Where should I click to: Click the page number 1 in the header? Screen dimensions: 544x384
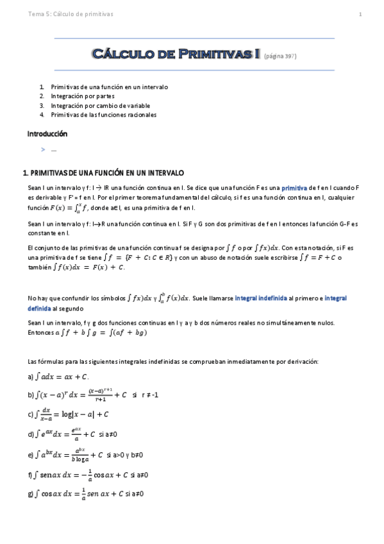[x=360, y=15]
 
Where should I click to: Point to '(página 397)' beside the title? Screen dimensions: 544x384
[x=280, y=56]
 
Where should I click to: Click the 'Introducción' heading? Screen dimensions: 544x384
[x=47, y=134]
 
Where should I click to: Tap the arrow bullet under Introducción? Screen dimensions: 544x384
[x=43, y=149]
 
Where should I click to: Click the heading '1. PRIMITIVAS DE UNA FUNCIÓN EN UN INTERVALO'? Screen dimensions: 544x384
[x=103, y=173]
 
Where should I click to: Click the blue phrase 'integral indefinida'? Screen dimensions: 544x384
[x=262, y=298]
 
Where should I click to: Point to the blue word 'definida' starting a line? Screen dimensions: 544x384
[x=39, y=308]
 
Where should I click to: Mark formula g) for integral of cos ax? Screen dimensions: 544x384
[x=86, y=494]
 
